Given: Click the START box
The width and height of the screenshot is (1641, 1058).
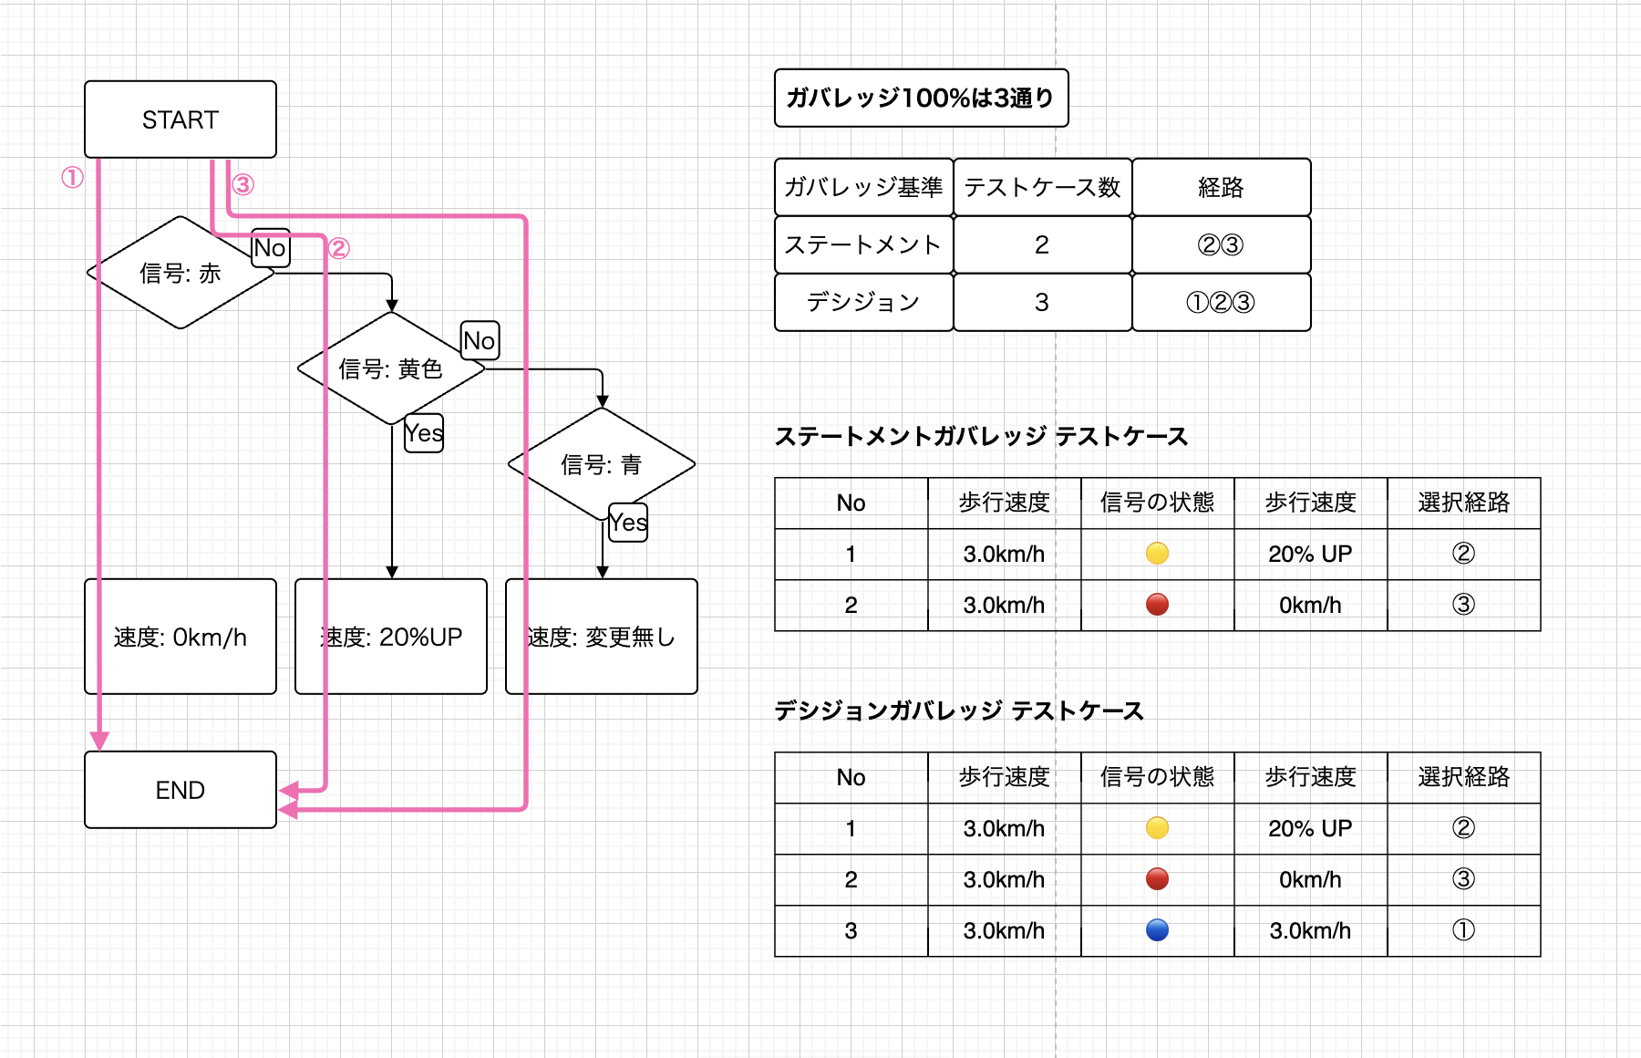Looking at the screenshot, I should pos(180,119).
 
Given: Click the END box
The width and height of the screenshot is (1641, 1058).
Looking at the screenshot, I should pos(180,790).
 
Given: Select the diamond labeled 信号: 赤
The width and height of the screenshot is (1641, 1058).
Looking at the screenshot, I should pos(180,273).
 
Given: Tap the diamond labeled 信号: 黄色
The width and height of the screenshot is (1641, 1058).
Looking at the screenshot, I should pos(390,368).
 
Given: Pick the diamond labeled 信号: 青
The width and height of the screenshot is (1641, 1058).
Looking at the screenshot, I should pos(601,464).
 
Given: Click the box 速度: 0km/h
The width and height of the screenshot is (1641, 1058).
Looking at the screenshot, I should pos(180,637).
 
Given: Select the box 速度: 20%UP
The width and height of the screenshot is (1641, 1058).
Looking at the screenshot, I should pos(390,637).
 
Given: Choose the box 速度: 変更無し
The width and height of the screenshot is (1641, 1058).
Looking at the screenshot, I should pos(601,637).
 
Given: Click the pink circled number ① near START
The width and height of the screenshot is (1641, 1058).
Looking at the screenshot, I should pos(72,177).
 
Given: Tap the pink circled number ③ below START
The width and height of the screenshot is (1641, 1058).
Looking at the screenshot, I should pos(243,185).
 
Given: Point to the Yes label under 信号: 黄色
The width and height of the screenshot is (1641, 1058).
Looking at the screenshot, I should pos(424,433).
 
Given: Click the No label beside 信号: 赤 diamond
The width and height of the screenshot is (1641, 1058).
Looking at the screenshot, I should pos(270,248).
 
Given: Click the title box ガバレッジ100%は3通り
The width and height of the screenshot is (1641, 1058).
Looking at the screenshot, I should pos(921,98).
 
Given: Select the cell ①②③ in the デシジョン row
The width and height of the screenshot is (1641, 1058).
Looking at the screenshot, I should pos(1220,302).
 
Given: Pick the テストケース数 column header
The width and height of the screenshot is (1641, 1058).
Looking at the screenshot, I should pos(1042,187).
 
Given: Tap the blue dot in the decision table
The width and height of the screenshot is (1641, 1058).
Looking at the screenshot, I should pos(1157,929).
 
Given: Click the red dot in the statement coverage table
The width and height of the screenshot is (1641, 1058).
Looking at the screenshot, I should pos(1157,604).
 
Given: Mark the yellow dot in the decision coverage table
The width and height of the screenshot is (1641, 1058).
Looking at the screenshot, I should pos(1157,827).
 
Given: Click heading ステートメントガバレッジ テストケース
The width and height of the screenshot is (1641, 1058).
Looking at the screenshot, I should pos(981,436).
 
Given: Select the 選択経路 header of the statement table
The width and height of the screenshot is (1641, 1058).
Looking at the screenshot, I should pos(1463,503).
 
